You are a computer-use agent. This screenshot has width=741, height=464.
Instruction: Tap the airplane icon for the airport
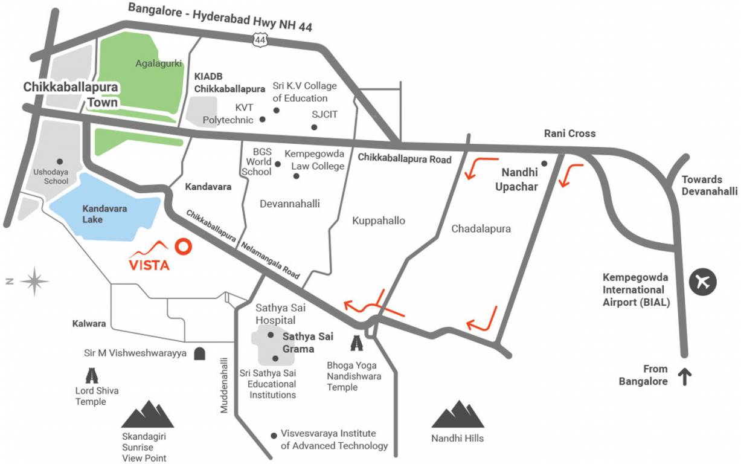pos(702,282)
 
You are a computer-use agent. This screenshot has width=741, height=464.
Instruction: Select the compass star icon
pos(34,281)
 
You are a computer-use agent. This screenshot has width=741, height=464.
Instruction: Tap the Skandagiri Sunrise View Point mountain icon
pos(147,414)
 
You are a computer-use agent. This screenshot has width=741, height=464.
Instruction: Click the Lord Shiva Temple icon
pos(92,375)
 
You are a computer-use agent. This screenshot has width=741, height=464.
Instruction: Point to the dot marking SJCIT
pos(314,127)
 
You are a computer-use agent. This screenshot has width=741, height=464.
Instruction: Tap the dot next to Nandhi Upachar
pos(544,163)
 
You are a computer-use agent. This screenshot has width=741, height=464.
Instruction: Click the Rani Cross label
pos(569,134)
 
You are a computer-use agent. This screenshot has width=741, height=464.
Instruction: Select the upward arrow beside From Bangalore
pos(685,378)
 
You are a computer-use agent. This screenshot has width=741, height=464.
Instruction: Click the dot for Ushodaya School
pos(59,161)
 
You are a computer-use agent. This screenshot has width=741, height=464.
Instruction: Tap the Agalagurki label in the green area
pos(158,63)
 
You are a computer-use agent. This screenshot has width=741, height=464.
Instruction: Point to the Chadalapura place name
pos(481,228)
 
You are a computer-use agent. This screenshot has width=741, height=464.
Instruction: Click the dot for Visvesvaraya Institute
pos(274,434)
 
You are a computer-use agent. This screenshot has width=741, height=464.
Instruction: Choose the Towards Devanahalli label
pos(710,185)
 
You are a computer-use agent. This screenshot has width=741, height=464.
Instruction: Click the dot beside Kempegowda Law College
pos(296,176)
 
